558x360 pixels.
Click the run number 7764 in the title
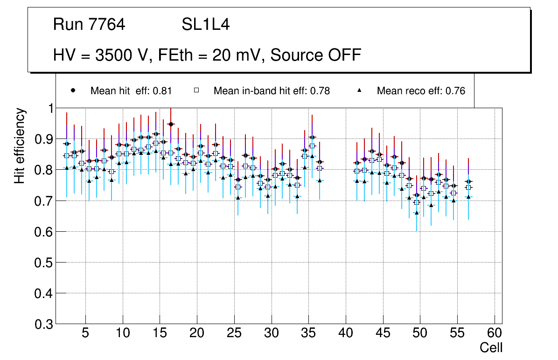pyautogui.click(x=107, y=25)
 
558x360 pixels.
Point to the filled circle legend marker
pyautogui.click(x=73, y=90)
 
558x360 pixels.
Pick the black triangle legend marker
pyautogui.click(x=360, y=90)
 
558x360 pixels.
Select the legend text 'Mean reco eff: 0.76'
pyautogui.click(x=421, y=91)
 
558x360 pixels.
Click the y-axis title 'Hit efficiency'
pyautogui.click(x=20, y=145)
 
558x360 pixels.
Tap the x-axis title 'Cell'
pyautogui.click(x=491, y=348)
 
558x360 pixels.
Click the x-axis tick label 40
pyautogui.click(x=346, y=333)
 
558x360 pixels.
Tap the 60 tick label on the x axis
pyautogui.click(x=495, y=333)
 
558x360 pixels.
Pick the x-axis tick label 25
pyautogui.click(x=234, y=333)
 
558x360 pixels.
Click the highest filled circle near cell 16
pyautogui.click(x=171, y=124)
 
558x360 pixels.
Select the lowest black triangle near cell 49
pyautogui.click(x=417, y=213)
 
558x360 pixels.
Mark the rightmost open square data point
pyautogui.click(x=468, y=187)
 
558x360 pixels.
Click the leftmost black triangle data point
pyautogui.click(x=67, y=168)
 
